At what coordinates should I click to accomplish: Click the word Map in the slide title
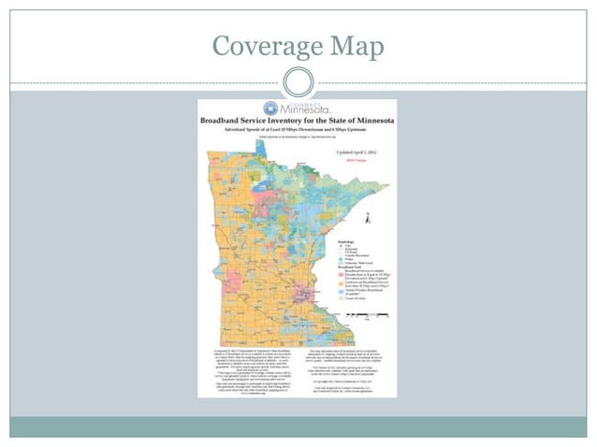point(357,44)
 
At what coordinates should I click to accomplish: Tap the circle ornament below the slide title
point(297,79)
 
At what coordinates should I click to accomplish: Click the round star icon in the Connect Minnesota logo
point(271,108)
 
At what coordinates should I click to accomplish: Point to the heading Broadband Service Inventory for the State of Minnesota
point(297,122)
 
